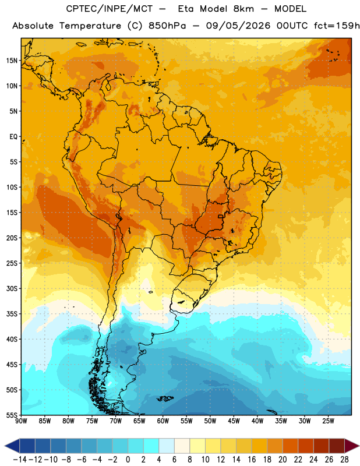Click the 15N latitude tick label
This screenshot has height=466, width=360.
[12, 61]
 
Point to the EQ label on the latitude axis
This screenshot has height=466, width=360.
[13, 137]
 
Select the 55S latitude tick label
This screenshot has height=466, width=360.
[12, 415]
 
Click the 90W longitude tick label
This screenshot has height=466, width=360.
[21, 421]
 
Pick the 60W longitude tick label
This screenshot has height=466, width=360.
[163, 421]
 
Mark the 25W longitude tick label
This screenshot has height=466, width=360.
[328, 421]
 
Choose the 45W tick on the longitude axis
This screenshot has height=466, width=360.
[234, 421]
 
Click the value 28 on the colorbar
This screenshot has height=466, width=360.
[344, 460]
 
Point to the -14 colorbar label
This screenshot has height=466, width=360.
[20, 460]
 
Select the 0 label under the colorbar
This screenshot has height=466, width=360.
[128, 460]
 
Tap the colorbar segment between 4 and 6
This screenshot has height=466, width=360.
[167, 446]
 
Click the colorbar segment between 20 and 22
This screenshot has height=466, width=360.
[291, 446]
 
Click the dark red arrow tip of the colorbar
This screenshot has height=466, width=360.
[352, 446]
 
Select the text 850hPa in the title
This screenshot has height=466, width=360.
[167, 26]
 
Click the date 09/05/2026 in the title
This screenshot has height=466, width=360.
[238, 26]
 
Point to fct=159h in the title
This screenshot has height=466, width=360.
[337, 26]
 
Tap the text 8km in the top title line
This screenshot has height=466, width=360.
[243, 9]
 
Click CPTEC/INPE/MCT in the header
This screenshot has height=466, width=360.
[110, 9]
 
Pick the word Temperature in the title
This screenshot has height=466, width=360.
[90, 26]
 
